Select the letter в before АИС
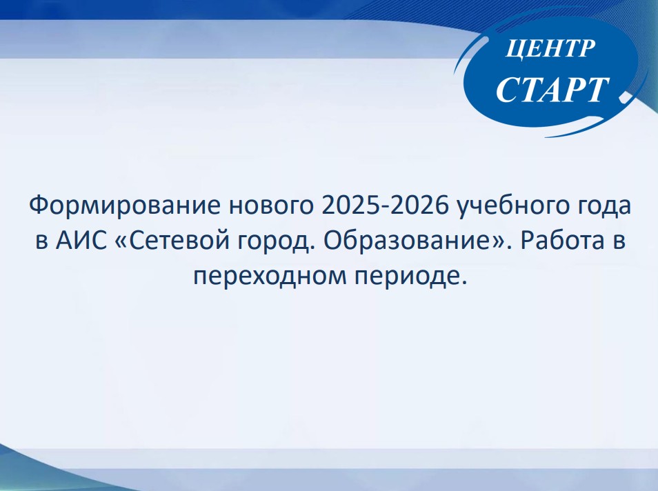click(41, 242)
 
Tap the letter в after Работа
click(619, 242)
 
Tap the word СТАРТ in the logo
click(552, 90)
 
